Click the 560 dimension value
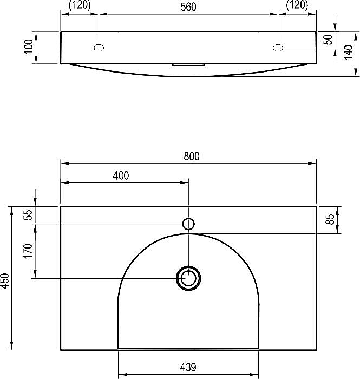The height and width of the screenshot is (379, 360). tap(188, 7)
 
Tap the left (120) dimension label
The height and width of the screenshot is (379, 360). tap(80, 5)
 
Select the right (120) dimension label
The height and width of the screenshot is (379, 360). tap(297, 5)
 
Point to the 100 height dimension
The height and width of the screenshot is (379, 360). tap(29, 46)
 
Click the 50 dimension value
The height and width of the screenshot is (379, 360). tap(328, 40)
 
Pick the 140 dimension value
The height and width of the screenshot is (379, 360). tap(348, 52)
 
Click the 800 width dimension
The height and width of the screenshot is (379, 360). tap(192, 156)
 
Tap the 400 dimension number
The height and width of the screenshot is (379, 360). tap(121, 175)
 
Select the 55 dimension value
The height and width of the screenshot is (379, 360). tap(28, 214)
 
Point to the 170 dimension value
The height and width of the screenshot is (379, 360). tap(28, 251)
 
